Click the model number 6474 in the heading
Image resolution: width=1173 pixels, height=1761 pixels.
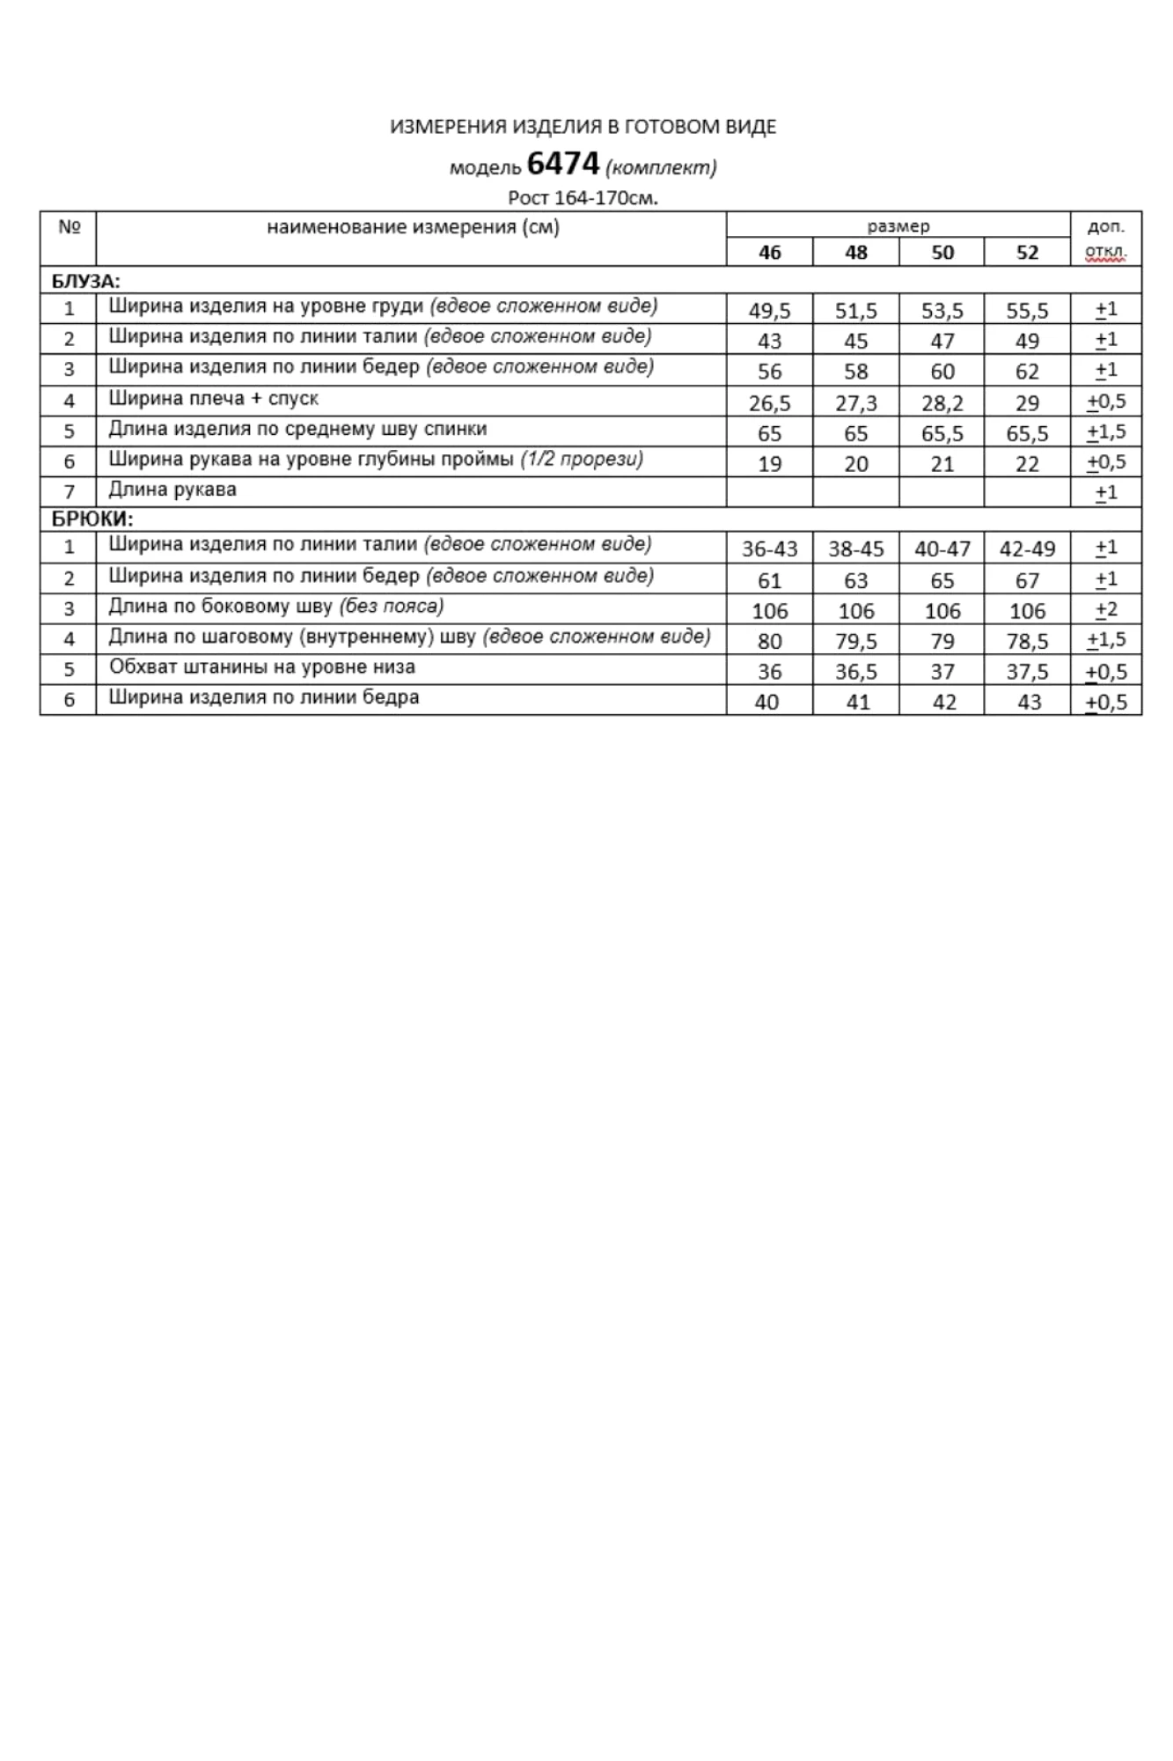tap(562, 164)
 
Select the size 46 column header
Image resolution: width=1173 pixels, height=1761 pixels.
tap(769, 253)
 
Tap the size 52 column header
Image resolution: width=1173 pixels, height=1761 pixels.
tap(1027, 253)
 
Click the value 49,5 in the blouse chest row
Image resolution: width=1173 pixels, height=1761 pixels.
tap(769, 310)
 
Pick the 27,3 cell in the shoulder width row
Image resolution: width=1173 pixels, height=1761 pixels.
tap(855, 403)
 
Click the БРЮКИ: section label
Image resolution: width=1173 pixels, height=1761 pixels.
tap(92, 519)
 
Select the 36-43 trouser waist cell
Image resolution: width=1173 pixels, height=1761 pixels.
tap(769, 549)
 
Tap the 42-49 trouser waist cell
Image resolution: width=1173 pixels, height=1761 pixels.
tap(1027, 549)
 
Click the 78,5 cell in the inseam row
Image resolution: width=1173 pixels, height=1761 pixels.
tap(1027, 641)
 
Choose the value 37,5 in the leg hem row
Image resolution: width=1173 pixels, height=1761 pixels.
tap(1027, 672)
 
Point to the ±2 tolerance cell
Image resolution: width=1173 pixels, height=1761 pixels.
tap(1106, 609)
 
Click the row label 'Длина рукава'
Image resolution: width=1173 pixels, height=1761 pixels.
tap(172, 490)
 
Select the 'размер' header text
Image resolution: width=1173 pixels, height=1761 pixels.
tap(898, 226)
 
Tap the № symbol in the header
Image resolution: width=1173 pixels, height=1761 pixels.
tap(70, 227)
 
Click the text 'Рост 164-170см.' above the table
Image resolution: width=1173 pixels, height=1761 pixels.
tap(583, 198)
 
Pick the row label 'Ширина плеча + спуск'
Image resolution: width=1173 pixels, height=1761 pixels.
tap(213, 399)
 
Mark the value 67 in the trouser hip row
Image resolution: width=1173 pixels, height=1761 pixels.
tap(1027, 580)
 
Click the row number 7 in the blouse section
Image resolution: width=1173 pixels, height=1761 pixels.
tap(69, 491)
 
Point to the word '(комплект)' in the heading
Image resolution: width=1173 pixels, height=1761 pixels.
tap(661, 167)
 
